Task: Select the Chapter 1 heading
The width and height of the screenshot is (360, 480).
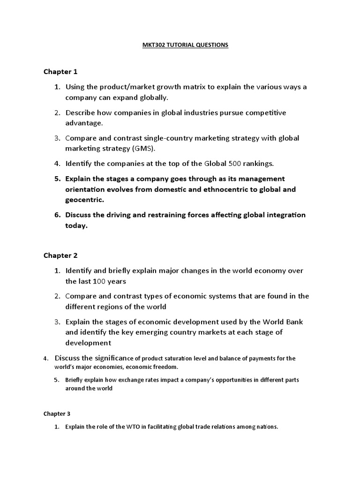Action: point(60,72)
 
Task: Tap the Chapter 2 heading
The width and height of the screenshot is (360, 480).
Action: point(60,255)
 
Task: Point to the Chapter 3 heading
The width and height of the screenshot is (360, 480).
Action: point(57,414)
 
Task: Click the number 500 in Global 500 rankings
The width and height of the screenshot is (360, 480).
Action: point(235,164)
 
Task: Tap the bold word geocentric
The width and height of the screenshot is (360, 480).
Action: point(84,200)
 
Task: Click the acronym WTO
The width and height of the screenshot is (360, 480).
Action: point(133,427)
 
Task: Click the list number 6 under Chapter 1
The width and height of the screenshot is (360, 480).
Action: point(57,215)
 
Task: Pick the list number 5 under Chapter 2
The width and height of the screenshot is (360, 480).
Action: point(56,380)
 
